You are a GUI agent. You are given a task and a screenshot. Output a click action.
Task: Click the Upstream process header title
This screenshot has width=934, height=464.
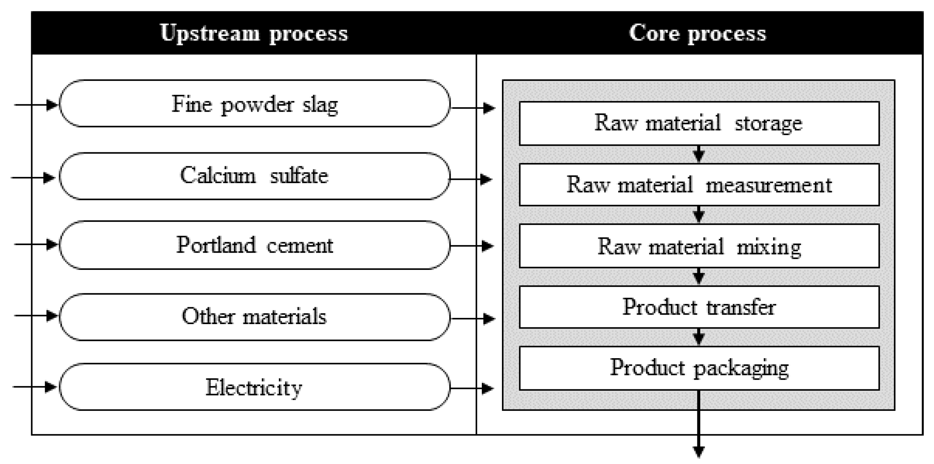(x=254, y=33)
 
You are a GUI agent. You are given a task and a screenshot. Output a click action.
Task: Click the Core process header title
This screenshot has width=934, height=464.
(x=697, y=33)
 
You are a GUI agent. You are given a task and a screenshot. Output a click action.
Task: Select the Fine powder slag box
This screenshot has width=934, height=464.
(x=254, y=104)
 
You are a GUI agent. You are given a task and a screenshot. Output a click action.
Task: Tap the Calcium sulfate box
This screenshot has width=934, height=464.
(x=254, y=176)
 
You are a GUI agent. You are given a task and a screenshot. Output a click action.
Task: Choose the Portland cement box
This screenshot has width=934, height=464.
(x=254, y=245)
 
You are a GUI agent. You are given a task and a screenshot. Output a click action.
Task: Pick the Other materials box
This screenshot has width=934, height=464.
(x=254, y=316)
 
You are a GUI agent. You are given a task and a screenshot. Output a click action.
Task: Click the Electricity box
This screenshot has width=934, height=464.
(x=254, y=387)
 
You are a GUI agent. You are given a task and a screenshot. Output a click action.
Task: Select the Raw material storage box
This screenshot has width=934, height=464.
(x=699, y=123)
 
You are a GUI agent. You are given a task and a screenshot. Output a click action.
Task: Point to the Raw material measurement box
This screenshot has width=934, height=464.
(x=699, y=185)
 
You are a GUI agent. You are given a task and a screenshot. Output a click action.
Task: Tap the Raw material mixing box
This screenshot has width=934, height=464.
(x=699, y=246)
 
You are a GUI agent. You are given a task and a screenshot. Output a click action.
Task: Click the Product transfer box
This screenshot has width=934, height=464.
(x=699, y=307)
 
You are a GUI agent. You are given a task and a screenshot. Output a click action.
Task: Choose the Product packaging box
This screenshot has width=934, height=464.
(x=699, y=368)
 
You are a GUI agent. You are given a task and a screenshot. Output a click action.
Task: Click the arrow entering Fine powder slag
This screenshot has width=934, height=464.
(x=37, y=105)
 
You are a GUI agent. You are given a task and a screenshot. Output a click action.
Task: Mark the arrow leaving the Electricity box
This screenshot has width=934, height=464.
(x=473, y=388)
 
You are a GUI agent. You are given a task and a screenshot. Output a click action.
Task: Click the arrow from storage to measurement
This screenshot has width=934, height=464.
(x=699, y=154)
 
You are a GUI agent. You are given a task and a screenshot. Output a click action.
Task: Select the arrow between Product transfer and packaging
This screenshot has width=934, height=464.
(x=699, y=337)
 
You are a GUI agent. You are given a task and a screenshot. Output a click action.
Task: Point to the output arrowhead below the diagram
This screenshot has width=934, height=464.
(x=699, y=451)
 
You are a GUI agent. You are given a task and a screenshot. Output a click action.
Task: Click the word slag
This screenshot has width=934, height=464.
(x=320, y=105)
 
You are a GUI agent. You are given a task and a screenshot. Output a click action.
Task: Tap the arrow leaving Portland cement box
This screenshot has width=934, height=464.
(x=473, y=246)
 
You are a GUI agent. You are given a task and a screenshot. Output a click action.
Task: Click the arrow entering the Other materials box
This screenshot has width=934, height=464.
(x=37, y=315)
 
